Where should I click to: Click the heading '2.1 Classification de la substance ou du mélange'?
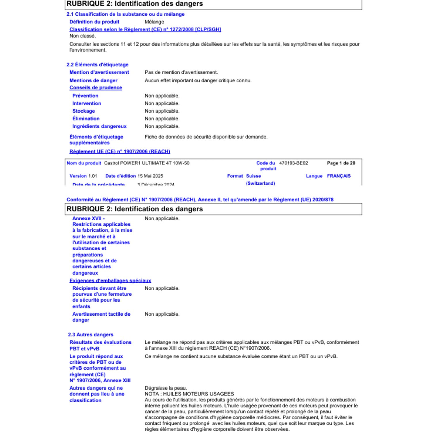(x=125, y=14)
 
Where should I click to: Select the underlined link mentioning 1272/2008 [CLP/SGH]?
(x=145, y=29)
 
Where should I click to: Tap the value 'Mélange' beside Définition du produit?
(x=154, y=22)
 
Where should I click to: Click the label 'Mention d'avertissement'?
(x=99, y=72)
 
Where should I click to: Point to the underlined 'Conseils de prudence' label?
(x=96, y=88)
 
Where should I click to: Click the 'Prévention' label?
(x=85, y=96)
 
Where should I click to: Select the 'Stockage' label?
(x=84, y=111)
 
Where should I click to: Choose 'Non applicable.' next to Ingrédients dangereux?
(x=162, y=126)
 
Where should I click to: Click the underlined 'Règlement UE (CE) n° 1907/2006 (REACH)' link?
(x=120, y=151)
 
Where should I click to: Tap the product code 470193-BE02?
(x=293, y=163)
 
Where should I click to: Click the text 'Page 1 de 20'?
(x=341, y=163)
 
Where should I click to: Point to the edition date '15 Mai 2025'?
(x=150, y=176)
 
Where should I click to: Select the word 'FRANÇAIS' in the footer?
(x=339, y=176)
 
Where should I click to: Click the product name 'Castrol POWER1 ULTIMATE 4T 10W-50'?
(x=147, y=163)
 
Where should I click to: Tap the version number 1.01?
(x=92, y=176)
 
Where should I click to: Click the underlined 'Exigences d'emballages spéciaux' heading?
(x=110, y=281)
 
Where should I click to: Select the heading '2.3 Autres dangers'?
(x=90, y=335)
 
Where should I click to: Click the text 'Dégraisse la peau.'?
(x=166, y=388)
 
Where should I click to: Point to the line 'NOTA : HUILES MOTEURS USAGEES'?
(x=189, y=394)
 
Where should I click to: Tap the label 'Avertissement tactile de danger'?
(x=101, y=317)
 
